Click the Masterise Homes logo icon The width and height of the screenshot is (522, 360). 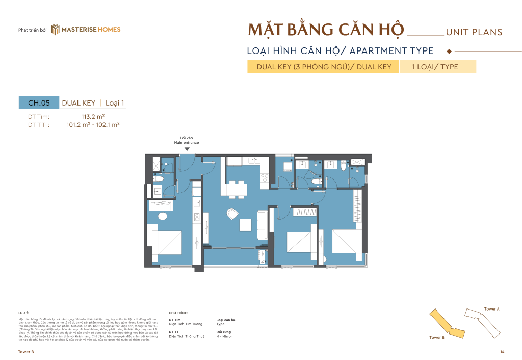click(x=56, y=30)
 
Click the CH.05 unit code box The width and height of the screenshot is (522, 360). click(x=39, y=102)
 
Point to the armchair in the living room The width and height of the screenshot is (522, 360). click(x=232, y=214)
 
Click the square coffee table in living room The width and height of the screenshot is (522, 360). click(x=246, y=225)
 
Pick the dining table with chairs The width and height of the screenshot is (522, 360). click(x=234, y=189)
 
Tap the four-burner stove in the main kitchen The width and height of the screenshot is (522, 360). click(x=264, y=178)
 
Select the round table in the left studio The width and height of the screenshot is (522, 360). click(x=162, y=216)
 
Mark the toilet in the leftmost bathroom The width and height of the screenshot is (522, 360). click(x=158, y=179)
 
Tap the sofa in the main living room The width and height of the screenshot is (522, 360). click(x=262, y=225)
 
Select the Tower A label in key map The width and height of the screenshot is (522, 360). click(x=491, y=309)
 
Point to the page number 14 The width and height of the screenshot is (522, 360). click(x=502, y=352)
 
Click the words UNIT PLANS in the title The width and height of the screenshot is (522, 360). click(x=474, y=32)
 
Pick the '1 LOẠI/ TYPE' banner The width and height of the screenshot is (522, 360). click(x=437, y=67)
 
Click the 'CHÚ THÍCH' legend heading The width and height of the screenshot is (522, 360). click(x=178, y=312)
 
